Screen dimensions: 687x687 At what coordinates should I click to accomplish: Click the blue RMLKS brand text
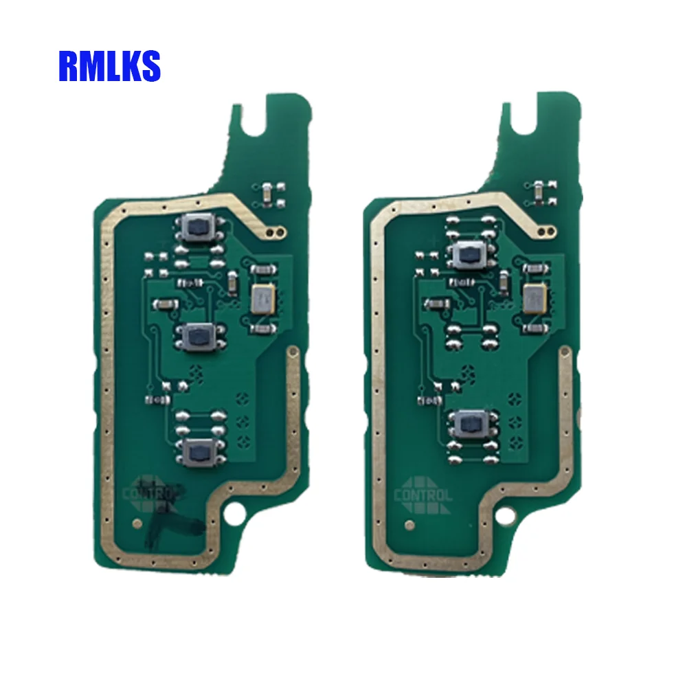tap(109, 66)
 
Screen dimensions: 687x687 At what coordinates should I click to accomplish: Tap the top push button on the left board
tap(199, 226)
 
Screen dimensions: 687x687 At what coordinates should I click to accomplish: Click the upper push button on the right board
tap(471, 254)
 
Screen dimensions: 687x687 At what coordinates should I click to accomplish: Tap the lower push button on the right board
tap(471, 423)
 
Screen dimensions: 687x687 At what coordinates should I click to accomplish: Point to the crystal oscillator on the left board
tap(263, 299)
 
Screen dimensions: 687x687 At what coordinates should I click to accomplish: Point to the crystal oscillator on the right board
tap(535, 299)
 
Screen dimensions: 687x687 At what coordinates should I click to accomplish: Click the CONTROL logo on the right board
tap(423, 495)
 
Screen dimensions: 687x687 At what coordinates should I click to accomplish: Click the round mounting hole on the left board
tap(234, 513)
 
